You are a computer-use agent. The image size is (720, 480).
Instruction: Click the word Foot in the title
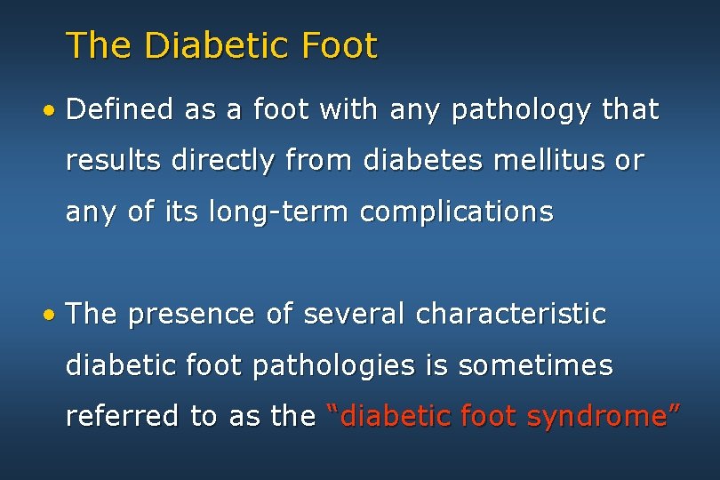tap(340, 45)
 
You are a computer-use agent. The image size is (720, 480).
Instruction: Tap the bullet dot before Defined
tap(53, 111)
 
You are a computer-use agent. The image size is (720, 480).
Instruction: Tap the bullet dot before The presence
tap(53, 316)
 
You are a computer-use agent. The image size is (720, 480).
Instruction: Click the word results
tap(113, 161)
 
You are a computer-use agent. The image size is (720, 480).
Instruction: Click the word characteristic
tap(511, 314)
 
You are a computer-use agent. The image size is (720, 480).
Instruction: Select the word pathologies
tap(342, 366)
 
